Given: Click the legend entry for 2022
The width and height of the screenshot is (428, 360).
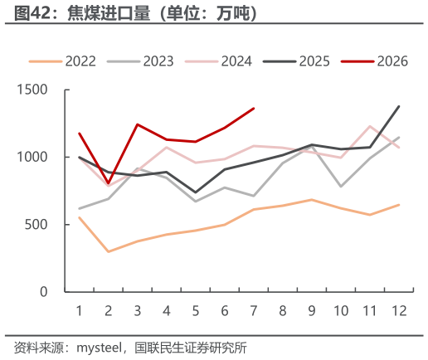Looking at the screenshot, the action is (x=62, y=61).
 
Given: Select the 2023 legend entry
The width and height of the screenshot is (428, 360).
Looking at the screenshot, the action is (x=140, y=61).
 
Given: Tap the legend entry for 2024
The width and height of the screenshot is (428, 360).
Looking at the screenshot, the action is (x=218, y=61).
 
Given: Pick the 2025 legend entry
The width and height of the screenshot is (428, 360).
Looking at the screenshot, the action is (x=296, y=61).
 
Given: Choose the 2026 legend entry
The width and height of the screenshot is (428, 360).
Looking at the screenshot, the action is (x=374, y=61).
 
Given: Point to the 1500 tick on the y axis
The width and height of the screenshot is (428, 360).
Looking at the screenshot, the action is (x=32, y=90).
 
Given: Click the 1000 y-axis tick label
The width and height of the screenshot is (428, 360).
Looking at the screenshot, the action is (x=32, y=157).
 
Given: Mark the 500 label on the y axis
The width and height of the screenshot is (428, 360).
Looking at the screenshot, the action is (x=36, y=225).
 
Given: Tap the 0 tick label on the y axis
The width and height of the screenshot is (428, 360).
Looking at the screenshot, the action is (x=44, y=292).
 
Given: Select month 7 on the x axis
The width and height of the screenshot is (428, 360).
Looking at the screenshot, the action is (x=254, y=311).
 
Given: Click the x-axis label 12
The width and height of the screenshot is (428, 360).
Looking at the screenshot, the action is (x=399, y=311).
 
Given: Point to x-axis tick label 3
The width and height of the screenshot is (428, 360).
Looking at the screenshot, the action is (x=138, y=311).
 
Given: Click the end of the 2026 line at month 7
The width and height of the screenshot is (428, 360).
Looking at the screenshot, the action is (x=254, y=109).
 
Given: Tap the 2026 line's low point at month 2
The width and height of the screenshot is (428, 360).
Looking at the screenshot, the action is (x=108, y=183).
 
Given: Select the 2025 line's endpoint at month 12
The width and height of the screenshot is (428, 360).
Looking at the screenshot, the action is (x=399, y=106).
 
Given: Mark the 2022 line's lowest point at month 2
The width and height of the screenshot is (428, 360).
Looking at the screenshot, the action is (x=108, y=251).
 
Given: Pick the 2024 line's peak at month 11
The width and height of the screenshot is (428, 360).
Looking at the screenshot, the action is (x=370, y=126).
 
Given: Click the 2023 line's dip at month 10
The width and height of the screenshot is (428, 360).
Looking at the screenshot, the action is (x=341, y=187).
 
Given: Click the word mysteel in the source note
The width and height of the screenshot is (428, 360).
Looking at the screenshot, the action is (x=99, y=348).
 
